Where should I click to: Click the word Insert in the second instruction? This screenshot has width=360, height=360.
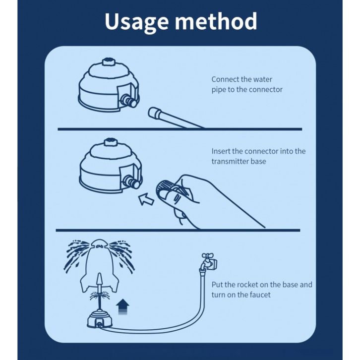(221, 151)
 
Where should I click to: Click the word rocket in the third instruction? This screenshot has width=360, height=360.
(250, 285)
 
